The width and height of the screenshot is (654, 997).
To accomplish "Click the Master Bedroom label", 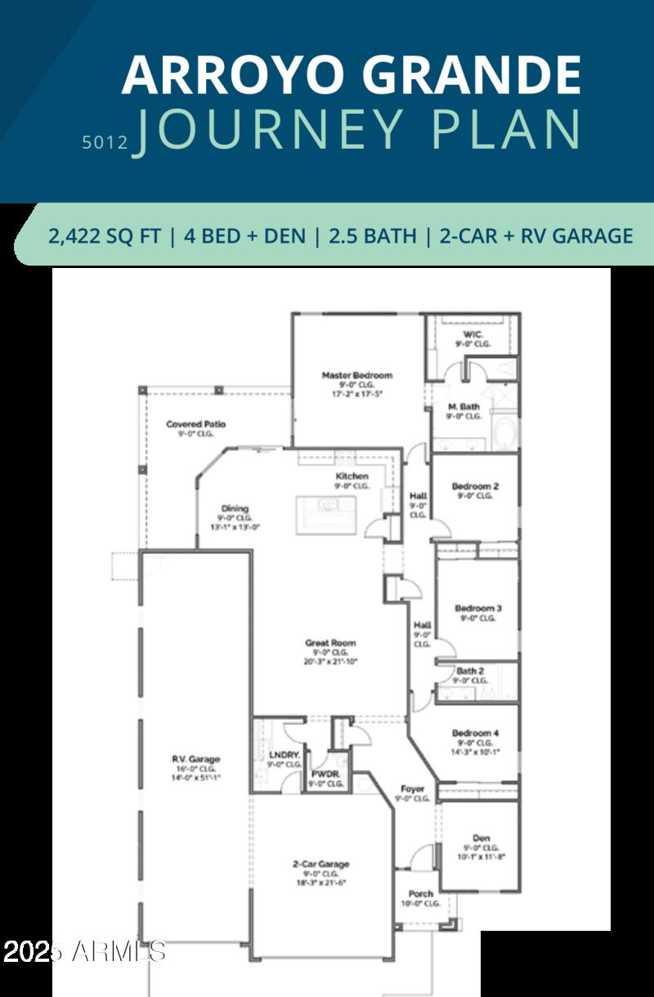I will (x=356, y=376).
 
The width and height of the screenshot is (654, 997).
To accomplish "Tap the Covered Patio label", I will (x=195, y=425).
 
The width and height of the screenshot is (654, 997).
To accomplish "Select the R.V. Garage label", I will (x=195, y=759).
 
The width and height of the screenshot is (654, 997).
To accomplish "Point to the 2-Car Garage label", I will (x=321, y=865).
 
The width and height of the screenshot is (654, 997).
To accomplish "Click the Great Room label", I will (x=330, y=643).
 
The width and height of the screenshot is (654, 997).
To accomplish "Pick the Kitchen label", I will (x=352, y=476).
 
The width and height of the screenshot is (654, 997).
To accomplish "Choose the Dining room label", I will (x=235, y=509).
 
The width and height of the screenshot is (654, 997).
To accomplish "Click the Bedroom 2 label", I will (x=475, y=486).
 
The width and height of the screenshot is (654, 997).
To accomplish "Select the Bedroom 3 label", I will (x=478, y=609).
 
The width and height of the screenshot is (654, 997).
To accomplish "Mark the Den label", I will (x=482, y=838).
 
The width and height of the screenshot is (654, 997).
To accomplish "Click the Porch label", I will (x=421, y=893).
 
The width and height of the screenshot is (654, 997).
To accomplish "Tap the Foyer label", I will (x=412, y=789).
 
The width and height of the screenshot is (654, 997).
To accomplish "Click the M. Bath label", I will (x=464, y=406).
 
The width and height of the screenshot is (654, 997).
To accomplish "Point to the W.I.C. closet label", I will (x=473, y=335).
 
